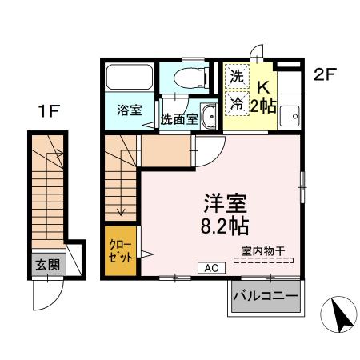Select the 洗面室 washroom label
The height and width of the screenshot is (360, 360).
pyautogui.click(x=178, y=120)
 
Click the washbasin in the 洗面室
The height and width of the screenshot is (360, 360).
pyautogui.click(x=209, y=114)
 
